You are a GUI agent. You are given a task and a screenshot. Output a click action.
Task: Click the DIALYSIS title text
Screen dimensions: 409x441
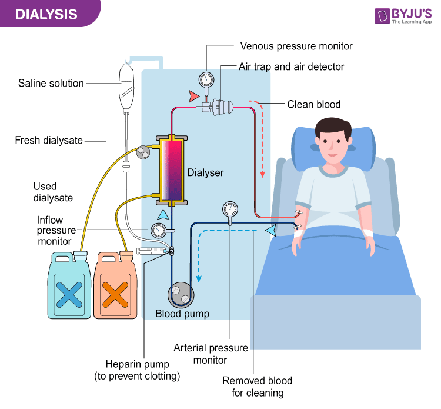point(46,14)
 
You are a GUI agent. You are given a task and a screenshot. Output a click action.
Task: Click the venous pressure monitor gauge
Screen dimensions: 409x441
point(206,79)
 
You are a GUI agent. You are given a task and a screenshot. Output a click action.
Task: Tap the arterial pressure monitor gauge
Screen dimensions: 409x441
point(229,209)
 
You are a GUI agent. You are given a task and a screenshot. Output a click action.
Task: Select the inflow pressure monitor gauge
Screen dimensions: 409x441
point(158,230)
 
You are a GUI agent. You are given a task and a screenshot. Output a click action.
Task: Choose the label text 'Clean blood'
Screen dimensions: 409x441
point(313,105)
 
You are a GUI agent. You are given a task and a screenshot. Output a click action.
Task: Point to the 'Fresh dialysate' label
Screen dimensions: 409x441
point(49,140)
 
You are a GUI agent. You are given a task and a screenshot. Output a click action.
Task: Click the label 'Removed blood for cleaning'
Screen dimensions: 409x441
point(257,387)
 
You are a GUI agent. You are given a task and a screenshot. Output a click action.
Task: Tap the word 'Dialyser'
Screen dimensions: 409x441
point(206,173)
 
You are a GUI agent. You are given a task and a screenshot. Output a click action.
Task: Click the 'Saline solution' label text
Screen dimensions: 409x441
point(51,83)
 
